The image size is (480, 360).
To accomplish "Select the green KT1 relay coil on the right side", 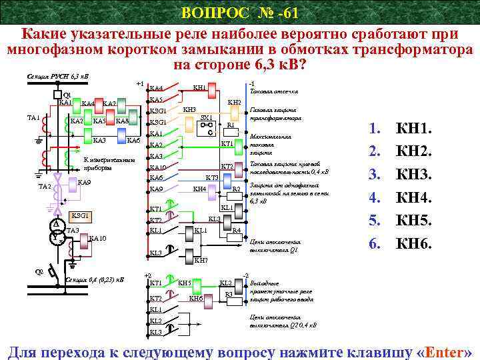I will click(226, 144).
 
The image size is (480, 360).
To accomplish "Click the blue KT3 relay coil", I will click(211, 178).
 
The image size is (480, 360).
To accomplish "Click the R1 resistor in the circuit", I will click(231, 125).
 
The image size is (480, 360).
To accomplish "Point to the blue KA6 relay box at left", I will click(133, 141).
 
